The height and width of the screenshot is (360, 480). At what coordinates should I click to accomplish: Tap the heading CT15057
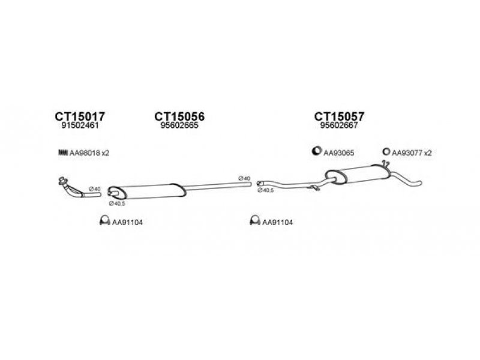coord(339,116)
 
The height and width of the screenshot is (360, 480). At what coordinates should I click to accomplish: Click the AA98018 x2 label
coord(90,153)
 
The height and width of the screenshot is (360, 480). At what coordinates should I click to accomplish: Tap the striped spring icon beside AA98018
coord(62,153)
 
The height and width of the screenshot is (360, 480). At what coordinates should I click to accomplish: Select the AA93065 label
coord(339,153)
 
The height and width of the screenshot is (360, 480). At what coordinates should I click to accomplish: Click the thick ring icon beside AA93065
coord(316,152)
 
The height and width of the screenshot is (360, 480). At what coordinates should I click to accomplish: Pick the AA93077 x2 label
coord(412,153)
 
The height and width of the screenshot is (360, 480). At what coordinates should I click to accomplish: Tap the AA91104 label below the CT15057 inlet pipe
coord(277,223)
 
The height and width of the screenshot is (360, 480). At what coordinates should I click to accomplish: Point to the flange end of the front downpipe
coord(61,181)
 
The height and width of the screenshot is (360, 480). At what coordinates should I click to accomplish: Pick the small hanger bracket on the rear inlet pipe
coord(313,190)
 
